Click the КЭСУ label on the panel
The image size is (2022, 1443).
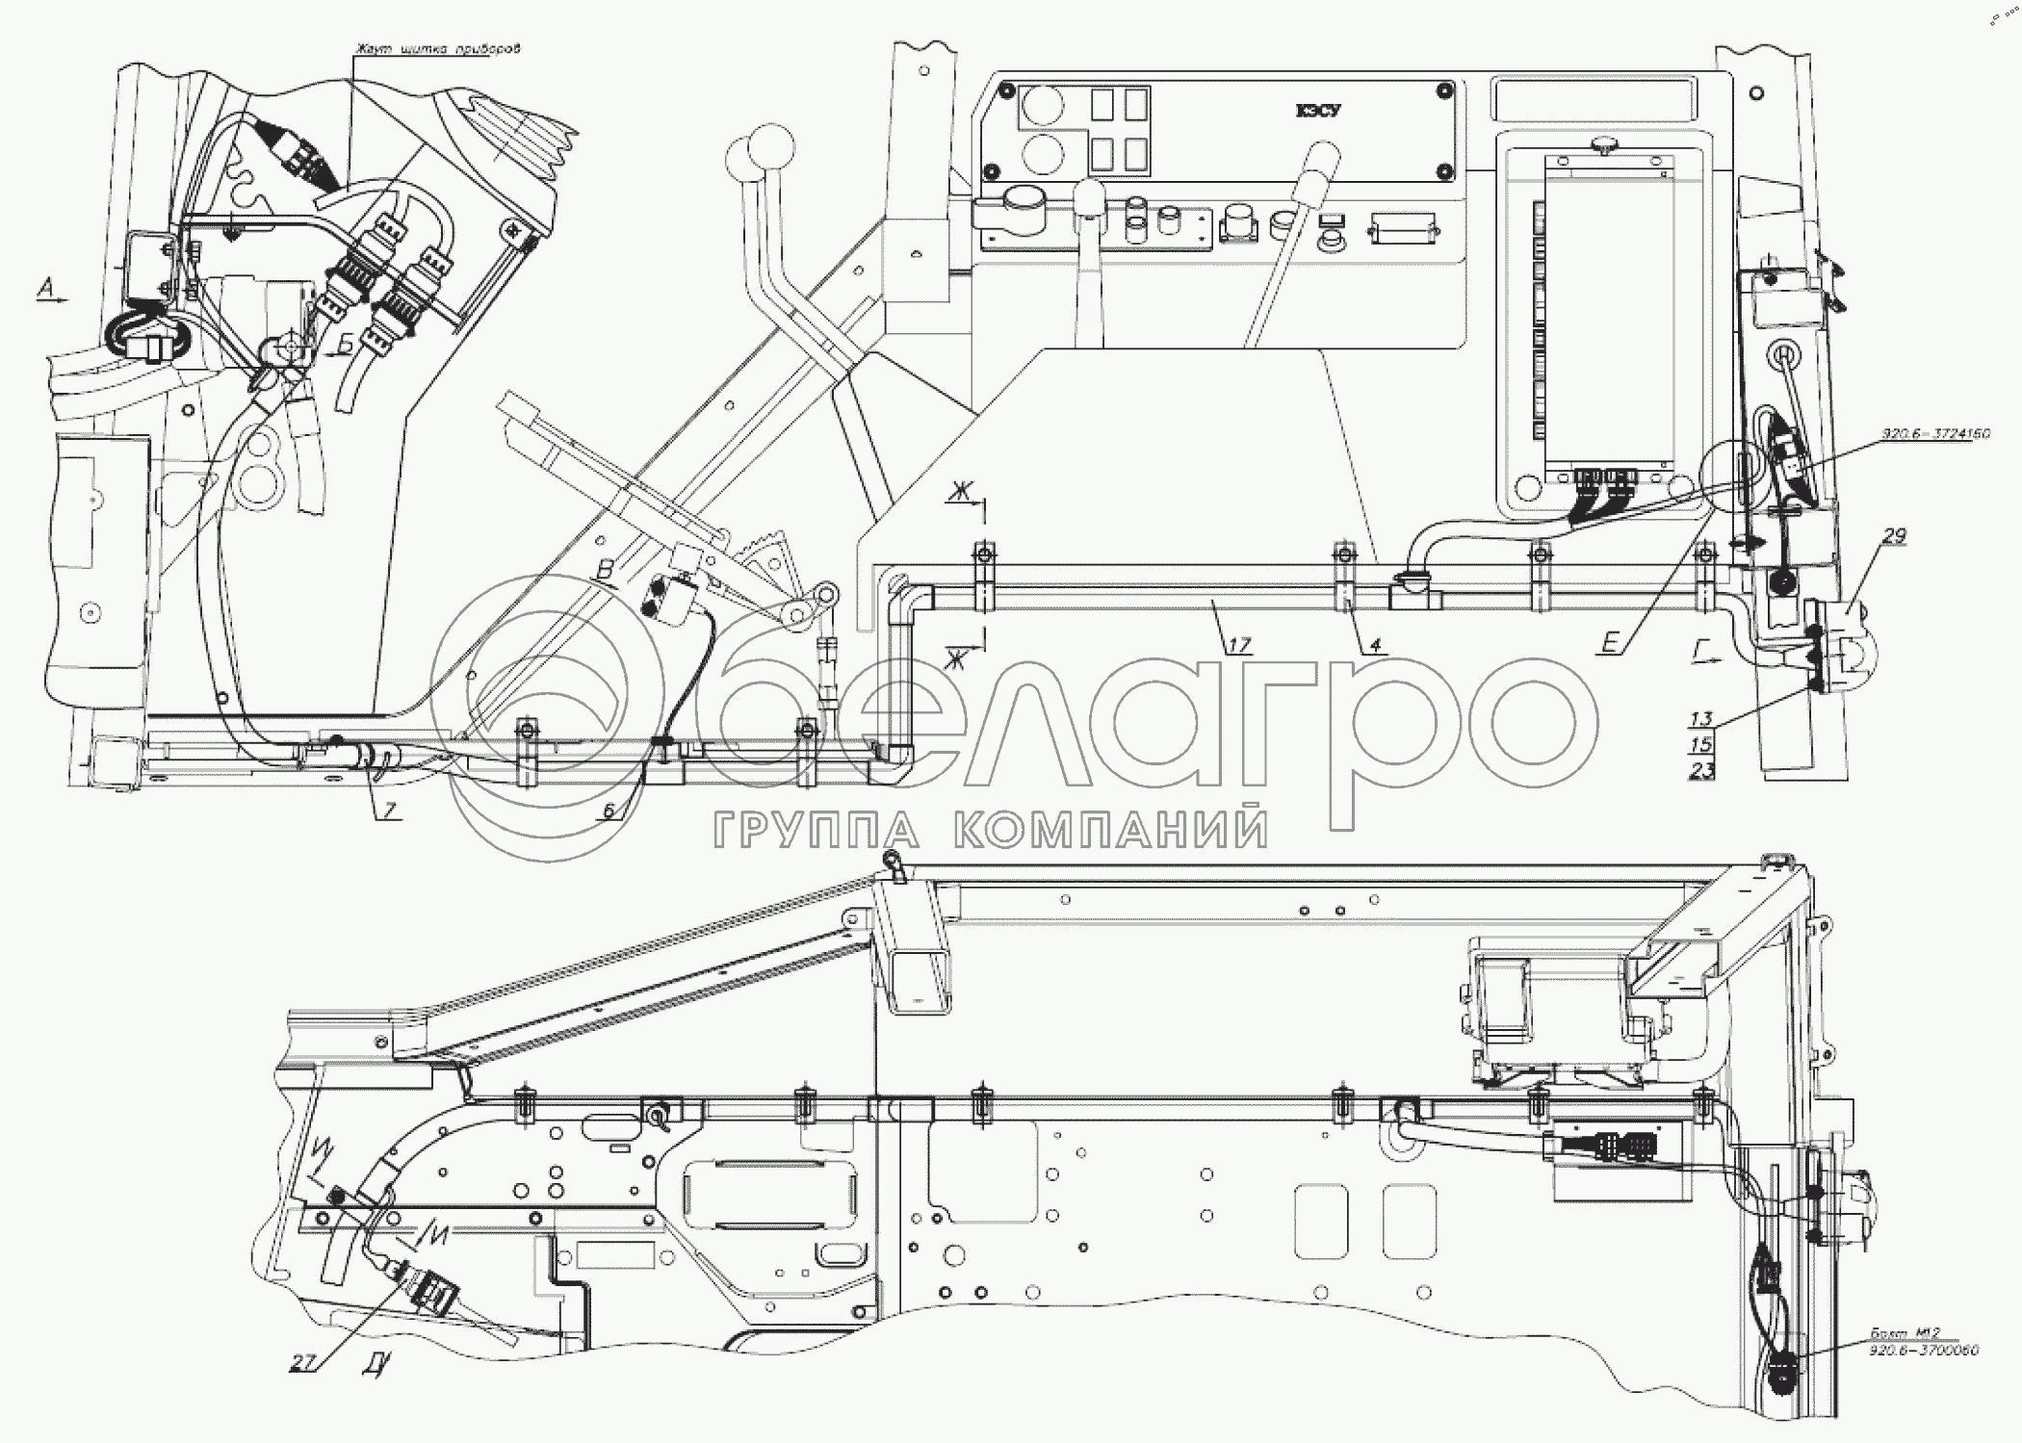[1317, 112]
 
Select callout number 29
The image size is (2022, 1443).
[1893, 536]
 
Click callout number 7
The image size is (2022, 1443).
[388, 810]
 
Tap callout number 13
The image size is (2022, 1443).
[1701, 718]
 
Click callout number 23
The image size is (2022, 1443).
[1701, 769]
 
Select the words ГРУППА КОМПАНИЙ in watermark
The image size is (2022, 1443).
[989, 829]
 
